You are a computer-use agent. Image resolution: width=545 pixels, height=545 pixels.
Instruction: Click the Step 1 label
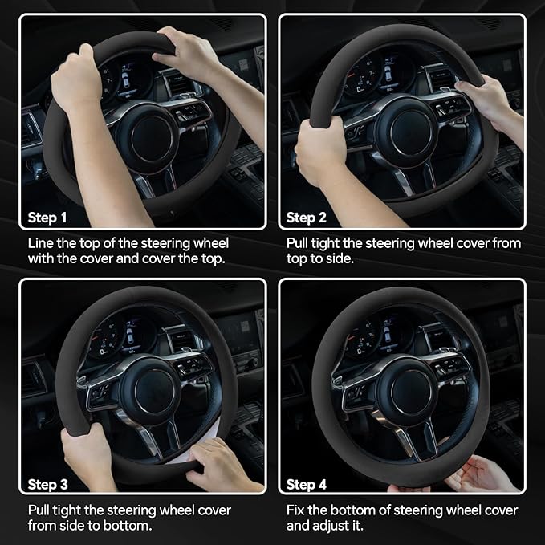click(x=47, y=218)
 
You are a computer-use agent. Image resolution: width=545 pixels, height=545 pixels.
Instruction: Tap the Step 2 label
click(x=307, y=218)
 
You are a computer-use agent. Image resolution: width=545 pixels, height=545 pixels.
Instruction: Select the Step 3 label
click(x=47, y=484)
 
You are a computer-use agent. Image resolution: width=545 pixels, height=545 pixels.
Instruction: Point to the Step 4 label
click(x=307, y=484)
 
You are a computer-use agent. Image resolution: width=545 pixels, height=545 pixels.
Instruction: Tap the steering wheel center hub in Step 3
click(x=154, y=390)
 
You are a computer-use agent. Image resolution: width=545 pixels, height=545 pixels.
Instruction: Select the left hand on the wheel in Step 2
click(x=322, y=152)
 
